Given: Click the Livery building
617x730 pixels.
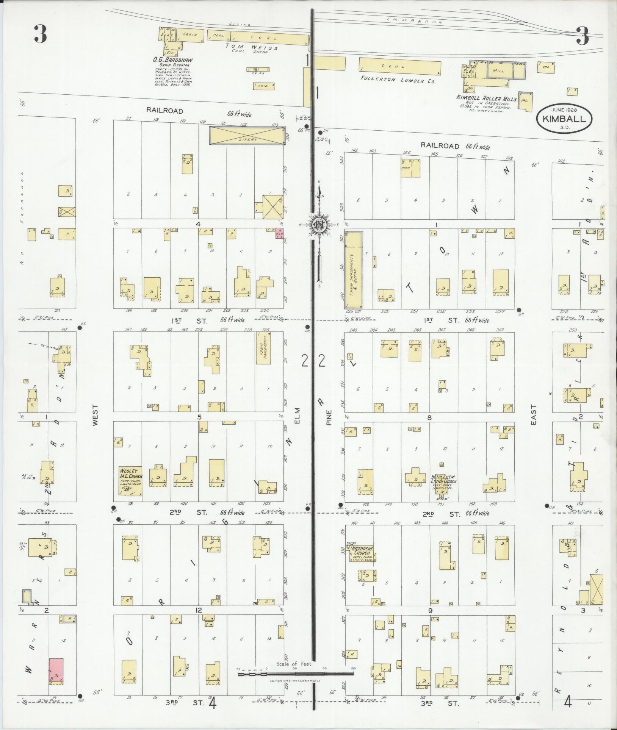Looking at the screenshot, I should tap(247, 135).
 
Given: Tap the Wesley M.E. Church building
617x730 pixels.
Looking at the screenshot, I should tap(130, 481).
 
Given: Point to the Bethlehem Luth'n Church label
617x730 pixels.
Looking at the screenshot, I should tap(443, 479).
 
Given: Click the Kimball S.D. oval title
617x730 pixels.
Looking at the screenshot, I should tap(564, 119).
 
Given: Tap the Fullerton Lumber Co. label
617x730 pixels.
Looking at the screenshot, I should tap(398, 80).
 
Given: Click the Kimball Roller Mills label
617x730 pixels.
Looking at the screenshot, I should tap(486, 98).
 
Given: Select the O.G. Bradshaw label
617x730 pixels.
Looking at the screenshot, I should tap(172, 60).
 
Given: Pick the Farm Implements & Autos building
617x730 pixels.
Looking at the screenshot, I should tap(353, 270).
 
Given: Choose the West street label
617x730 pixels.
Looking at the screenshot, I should tap(95, 416).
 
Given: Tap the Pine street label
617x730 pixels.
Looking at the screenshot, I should tap(329, 417).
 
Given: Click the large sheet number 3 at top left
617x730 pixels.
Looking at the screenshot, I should tap(40, 34).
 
